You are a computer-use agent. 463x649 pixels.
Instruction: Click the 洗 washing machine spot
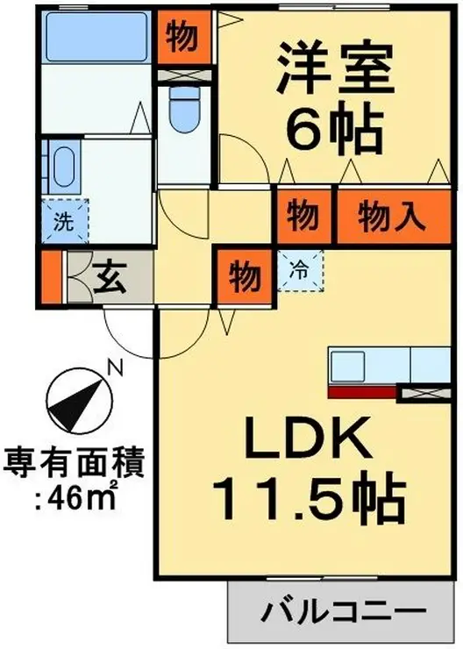pyautogui.click(x=64, y=222)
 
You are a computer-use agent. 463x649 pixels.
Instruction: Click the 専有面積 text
pyautogui.click(x=74, y=462)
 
